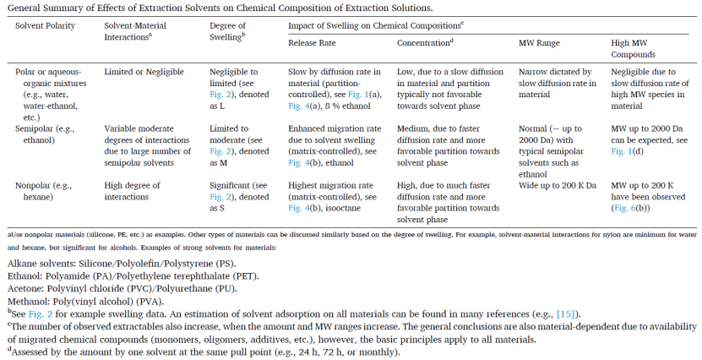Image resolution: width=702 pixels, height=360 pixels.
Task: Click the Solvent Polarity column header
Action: [46, 25]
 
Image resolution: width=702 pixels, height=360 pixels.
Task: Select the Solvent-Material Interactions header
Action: [128, 31]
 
